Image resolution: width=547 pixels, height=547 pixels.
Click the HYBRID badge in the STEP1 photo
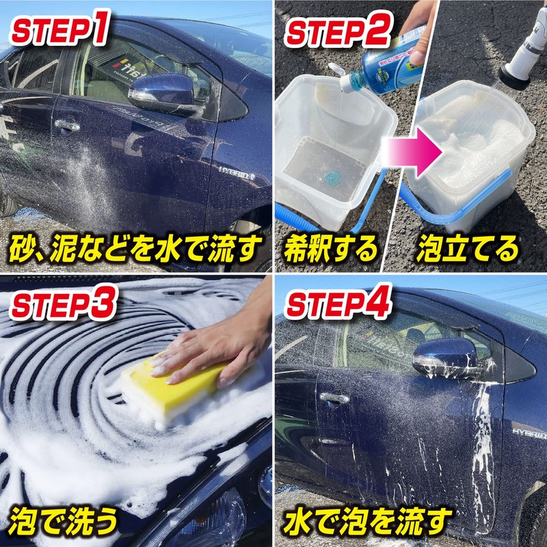point(236,172)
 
